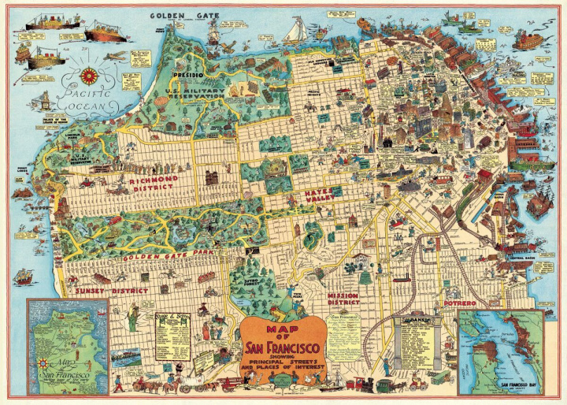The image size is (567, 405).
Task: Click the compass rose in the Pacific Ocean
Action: click(90, 76)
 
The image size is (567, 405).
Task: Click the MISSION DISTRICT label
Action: click(343, 298)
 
